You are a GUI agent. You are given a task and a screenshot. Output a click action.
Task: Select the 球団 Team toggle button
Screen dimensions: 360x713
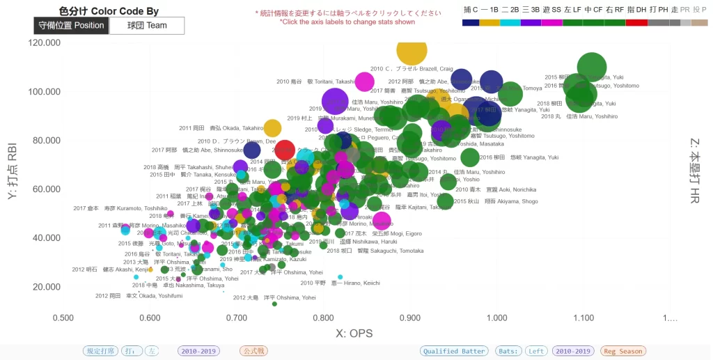147,26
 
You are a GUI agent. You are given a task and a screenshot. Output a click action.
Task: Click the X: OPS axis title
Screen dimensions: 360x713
354,334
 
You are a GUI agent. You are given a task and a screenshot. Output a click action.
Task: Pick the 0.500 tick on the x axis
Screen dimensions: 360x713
63,318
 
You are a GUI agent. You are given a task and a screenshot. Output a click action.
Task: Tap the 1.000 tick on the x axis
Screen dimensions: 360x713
497,318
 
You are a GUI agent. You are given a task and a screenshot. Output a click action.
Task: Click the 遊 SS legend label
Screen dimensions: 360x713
552,10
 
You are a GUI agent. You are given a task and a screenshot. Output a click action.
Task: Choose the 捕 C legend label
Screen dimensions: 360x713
471,10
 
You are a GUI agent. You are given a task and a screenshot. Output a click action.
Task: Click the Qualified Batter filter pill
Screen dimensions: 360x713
454,352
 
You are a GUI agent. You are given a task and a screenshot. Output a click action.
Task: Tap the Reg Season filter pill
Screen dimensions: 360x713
623,352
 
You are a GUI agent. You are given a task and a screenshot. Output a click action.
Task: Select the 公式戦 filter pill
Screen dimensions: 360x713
253,352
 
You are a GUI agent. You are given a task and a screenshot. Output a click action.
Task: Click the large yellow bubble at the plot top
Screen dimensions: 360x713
412,50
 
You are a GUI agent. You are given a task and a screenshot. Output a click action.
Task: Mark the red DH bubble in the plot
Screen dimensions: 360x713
285,150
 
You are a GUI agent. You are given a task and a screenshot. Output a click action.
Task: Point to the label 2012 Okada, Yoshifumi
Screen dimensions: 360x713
139,296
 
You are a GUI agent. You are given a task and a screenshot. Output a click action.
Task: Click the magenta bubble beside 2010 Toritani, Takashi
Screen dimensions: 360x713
365,81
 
